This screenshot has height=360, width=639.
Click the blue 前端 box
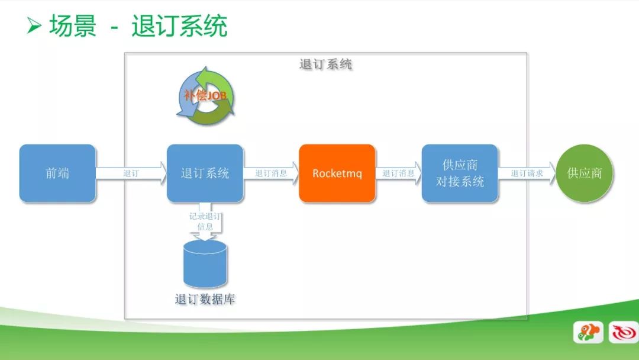click(57, 173)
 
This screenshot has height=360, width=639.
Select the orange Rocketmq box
click(337, 173)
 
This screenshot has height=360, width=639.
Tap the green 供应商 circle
click(585, 173)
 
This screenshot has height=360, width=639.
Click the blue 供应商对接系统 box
click(460, 173)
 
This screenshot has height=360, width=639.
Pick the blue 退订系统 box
click(205, 173)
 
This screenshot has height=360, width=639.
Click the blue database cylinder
click(205, 263)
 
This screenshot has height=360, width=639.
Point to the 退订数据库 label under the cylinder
click(205, 299)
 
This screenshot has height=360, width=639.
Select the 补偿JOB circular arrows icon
click(206, 97)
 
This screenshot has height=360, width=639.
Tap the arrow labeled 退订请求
click(527, 173)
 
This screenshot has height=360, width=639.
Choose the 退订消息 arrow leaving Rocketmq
click(399, 173)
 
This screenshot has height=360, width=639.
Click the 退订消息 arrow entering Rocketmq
click(272, 173)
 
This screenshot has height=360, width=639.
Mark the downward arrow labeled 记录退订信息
click(205, 221)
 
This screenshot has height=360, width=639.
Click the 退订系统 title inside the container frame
click(325, 64)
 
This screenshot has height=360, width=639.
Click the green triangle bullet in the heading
click(34, 25)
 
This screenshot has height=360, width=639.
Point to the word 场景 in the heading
click(73, 25)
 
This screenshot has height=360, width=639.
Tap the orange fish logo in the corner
click(588, 332)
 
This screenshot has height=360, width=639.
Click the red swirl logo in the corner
click(624, 332)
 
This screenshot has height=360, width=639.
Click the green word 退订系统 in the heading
click(179, 25)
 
